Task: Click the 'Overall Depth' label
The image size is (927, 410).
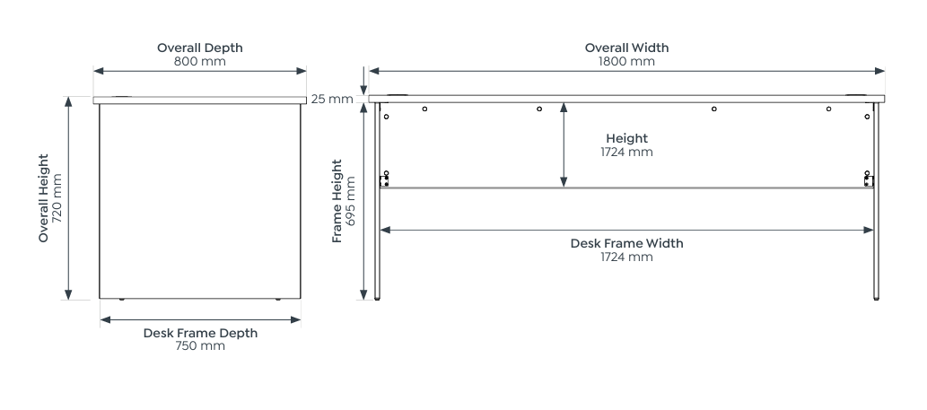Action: (199, 48)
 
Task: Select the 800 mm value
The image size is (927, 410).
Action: (199, 62)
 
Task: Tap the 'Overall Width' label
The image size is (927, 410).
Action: (626, 48)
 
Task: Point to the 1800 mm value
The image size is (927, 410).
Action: (626, 62)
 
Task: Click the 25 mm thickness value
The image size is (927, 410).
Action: (332, 99)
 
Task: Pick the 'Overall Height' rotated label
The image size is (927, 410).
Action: (43, 198)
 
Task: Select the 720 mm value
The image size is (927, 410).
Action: (58, 198)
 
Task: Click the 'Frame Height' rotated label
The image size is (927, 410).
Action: (337, 201)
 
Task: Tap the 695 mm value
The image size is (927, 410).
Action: (351, 201)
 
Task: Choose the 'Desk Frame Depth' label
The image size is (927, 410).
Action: (200, 333)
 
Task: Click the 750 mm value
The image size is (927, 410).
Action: (200, 346)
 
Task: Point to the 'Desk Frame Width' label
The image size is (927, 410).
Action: (626, 243)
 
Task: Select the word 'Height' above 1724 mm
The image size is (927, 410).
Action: (626, 138)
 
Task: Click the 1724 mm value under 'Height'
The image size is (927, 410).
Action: (626, 153)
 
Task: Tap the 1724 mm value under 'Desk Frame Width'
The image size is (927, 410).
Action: (626, 257)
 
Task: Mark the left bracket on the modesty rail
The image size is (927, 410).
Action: (385, 180)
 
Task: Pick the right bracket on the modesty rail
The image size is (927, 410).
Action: (868, 180)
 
